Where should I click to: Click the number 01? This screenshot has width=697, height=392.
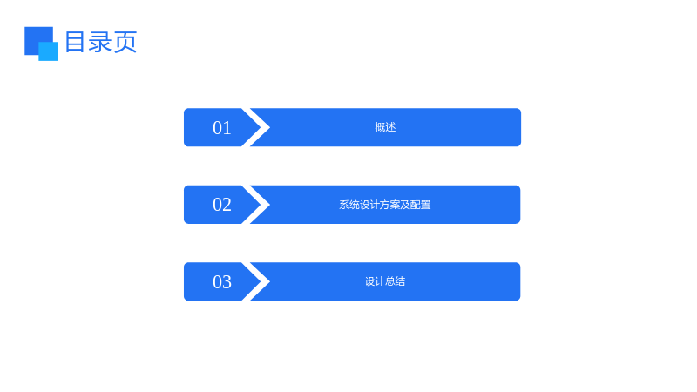tap(222, 128)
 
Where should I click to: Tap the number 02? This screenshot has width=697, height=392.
tap(222, 205)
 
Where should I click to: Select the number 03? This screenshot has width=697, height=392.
tap(222, 281)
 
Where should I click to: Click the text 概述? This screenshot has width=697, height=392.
tap(385, 127)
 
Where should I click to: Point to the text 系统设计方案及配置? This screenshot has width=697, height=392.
tap(385, 205)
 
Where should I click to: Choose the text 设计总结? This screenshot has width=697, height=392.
tap(385, 281)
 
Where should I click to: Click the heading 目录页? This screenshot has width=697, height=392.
tap(101, 42)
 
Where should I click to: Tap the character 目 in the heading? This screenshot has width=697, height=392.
tap(75, 42)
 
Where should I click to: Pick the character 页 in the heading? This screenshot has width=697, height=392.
tap(125, 42)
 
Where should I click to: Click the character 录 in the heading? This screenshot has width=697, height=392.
tap(100, 42)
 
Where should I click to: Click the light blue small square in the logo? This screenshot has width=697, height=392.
tap(48, 51)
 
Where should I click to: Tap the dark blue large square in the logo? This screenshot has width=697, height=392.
tap(36, 37)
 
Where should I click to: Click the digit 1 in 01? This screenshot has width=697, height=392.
tap(227, 128)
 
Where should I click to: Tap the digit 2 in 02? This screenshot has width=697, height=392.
tap(227, 205)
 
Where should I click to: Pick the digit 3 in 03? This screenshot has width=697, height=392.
tap(227, 281)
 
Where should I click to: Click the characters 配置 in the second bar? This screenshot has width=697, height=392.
tap(421, 205)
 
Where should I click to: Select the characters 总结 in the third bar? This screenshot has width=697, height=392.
tap(396, 281)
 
